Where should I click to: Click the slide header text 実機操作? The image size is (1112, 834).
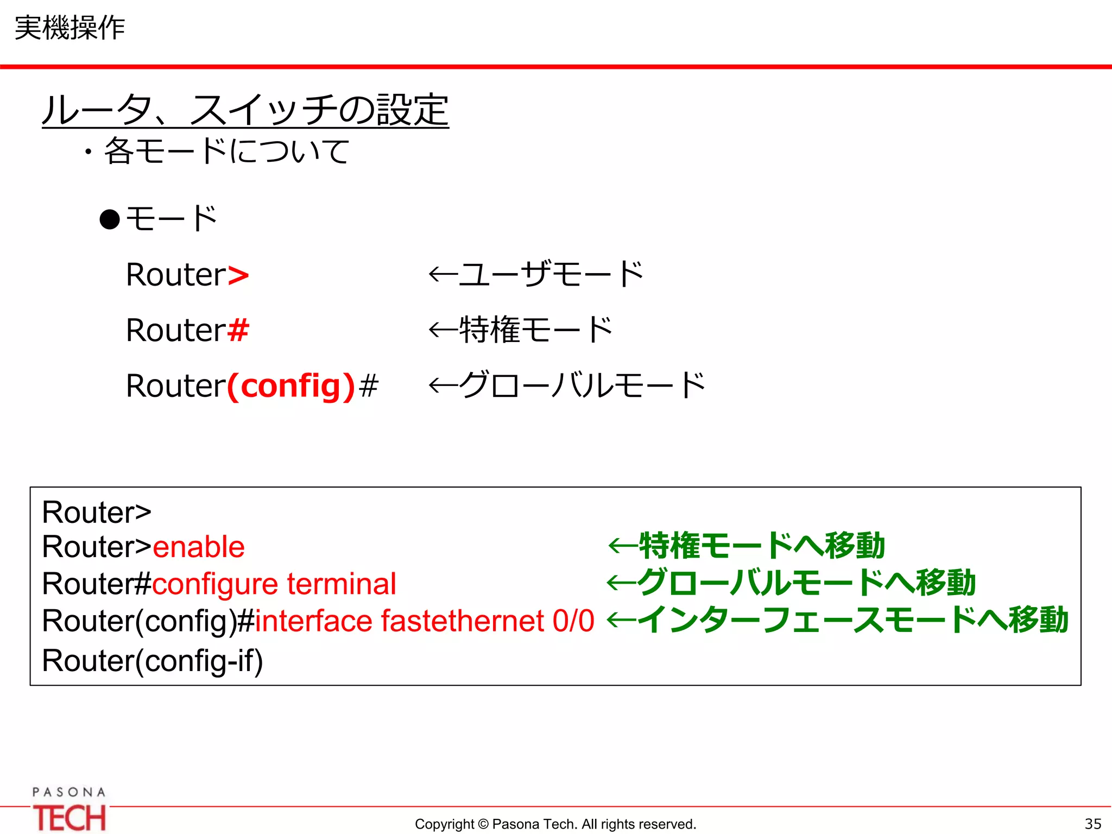tap(69, 28)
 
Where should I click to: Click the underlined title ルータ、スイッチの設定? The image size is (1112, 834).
tap(245, 110)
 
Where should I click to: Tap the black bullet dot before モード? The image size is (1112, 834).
tap(110, 220)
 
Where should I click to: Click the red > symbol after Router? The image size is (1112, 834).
tap(238, 275)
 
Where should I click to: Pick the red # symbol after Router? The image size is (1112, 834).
tap(238, 330)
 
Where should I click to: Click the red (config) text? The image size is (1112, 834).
tap(291, 386)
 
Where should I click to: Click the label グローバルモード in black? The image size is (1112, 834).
tap(581, 385)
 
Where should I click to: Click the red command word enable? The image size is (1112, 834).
tap(199, 547)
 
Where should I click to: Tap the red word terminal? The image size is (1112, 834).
tap(342, 584)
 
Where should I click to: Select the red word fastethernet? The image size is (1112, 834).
tap(463, 621)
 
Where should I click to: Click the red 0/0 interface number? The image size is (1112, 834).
tap(573, 621)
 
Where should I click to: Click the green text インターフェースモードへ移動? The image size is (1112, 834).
tap(852, 620)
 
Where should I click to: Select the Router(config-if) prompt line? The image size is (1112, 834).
tap(153, 661)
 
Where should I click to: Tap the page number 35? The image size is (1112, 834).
tap(1092, 824)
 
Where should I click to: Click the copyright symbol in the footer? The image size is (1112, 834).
tap(483, 824)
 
